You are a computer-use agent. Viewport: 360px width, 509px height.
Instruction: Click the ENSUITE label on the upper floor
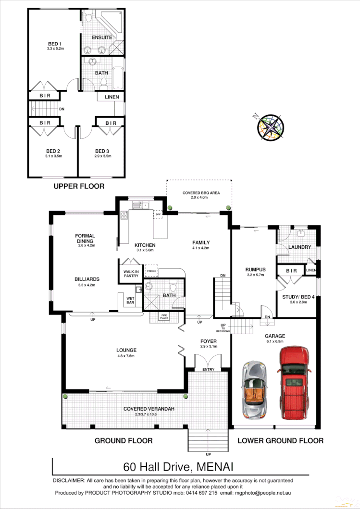[102, 37]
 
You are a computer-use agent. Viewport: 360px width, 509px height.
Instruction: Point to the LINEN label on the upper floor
[112, 97]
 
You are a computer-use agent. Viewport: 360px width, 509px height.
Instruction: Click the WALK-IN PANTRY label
[131, 274]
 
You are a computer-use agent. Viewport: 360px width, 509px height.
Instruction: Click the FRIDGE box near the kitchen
[151, 271]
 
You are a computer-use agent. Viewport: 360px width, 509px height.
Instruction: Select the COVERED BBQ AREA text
[201, 193]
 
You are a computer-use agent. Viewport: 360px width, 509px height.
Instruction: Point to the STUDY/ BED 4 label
[298, 297]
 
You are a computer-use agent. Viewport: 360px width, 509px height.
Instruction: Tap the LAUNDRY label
[299, 247]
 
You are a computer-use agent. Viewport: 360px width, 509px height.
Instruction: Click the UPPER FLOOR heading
[78, 186]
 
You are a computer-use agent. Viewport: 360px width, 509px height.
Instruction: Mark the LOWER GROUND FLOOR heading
[280, 440]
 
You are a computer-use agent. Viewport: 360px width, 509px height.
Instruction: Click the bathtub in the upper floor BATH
[118, 78]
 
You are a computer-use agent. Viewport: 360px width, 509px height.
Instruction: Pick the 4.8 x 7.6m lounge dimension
[125, 356]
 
